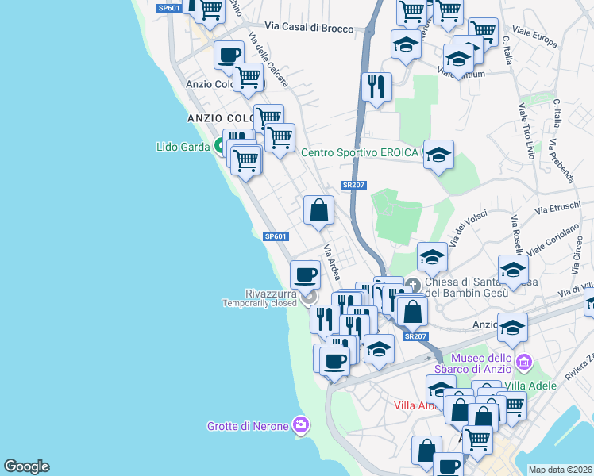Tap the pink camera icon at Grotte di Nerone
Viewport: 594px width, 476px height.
coord(300,425)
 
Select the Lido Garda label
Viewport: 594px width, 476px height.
coord(183,147)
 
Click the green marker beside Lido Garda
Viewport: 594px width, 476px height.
coord(220,147)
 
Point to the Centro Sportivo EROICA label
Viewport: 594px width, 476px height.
coord(360,152)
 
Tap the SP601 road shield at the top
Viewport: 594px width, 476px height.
coord(169,8)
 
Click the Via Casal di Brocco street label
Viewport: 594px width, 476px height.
coord(309,27)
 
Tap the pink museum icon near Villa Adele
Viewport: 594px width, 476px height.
coord(523,363)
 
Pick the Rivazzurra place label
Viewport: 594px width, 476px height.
coord(260,294)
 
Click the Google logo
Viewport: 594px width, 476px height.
coord(26,466)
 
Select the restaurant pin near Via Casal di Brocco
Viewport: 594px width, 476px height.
coord(376,86)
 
